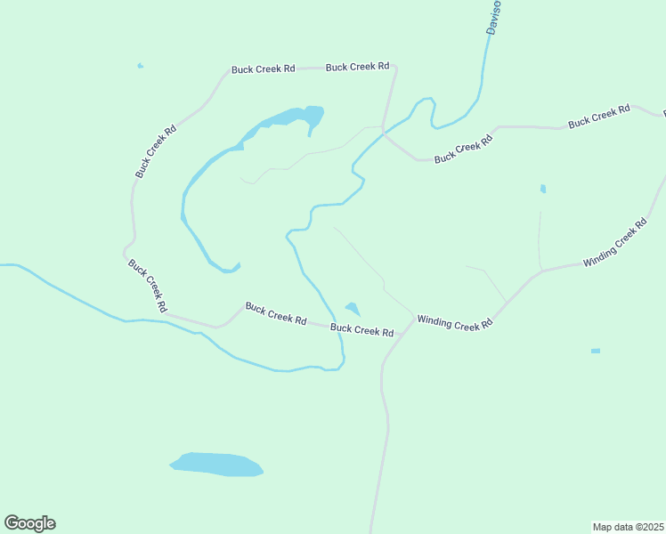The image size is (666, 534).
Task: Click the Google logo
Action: click(x=29, y=523)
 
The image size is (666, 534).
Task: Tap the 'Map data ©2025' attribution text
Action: click(x=628, y=527)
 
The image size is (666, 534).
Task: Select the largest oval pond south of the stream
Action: click(x=216, y=464)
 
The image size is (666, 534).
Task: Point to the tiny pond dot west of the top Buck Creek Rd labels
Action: click(x=140, y=66)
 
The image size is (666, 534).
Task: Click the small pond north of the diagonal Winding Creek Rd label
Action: click(x=543, y=189)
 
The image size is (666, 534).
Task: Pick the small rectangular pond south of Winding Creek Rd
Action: click(x=596, y=351)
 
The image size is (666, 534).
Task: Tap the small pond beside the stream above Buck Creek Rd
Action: click(x=353, y=309)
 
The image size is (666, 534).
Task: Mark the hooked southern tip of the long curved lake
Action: click(x=230, y=268)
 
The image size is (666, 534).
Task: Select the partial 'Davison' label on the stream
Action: click(x=493, y=18)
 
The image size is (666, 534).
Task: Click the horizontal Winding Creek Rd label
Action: click(x=455, y=324)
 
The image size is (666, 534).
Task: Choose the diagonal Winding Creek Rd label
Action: click(x=614, y=243)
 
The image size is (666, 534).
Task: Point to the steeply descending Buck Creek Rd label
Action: click(x=147, y=285)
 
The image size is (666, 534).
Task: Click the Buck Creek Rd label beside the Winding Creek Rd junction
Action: click(x=361, y=330)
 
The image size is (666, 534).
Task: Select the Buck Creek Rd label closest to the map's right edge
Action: click(x=598, y=117)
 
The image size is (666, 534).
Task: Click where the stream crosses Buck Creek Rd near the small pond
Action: click(x=335, y=322)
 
